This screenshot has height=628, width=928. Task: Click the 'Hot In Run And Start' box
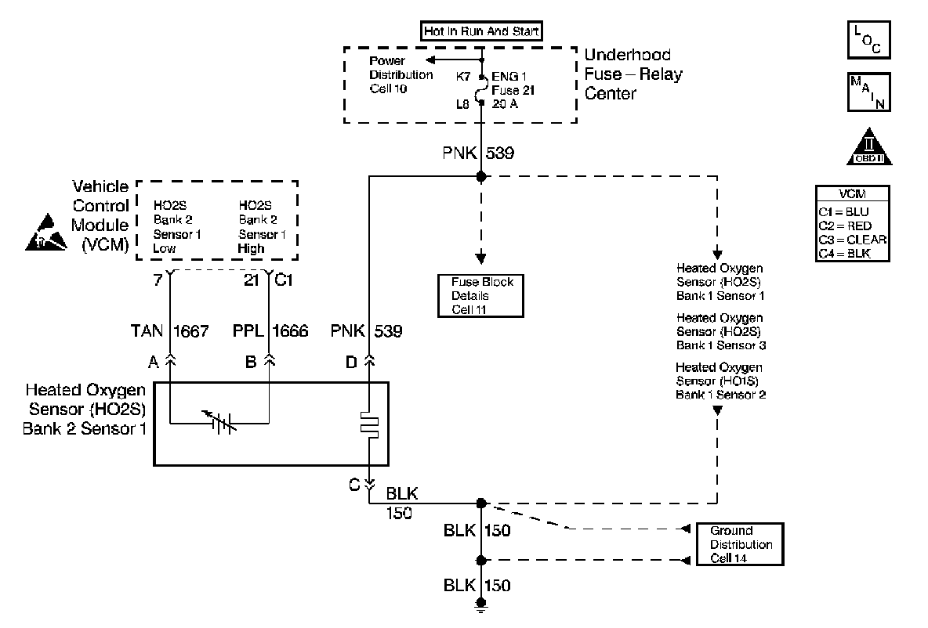click(x=481, y=31)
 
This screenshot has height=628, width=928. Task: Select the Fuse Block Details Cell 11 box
click(x=480, y=295)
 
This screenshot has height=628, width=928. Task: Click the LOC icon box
click(x=869, y=39)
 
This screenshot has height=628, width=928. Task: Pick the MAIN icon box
click(x=869, y=92)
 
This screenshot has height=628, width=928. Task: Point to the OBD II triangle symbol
click(x=869, y=147)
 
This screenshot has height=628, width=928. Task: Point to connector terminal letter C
click(x=355, y=485)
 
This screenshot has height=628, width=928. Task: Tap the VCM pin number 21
click(x=251, y=280)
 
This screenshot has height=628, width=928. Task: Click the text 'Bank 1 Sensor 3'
click(x=720, y=345)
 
